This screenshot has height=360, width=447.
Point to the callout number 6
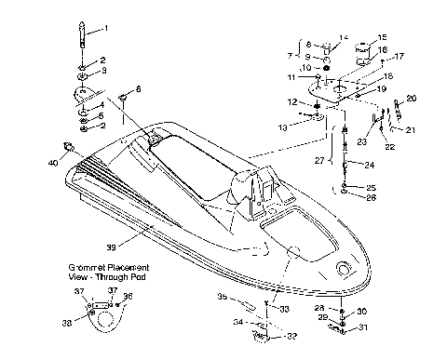[139, 88]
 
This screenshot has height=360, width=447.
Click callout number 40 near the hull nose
[53, 162]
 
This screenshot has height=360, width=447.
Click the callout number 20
[412, 98]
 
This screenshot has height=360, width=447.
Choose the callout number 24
[371, 167]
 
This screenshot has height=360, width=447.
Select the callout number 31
[363, 327]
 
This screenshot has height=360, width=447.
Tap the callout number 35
[223, 298]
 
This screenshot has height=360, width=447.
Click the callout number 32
[291, 336]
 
